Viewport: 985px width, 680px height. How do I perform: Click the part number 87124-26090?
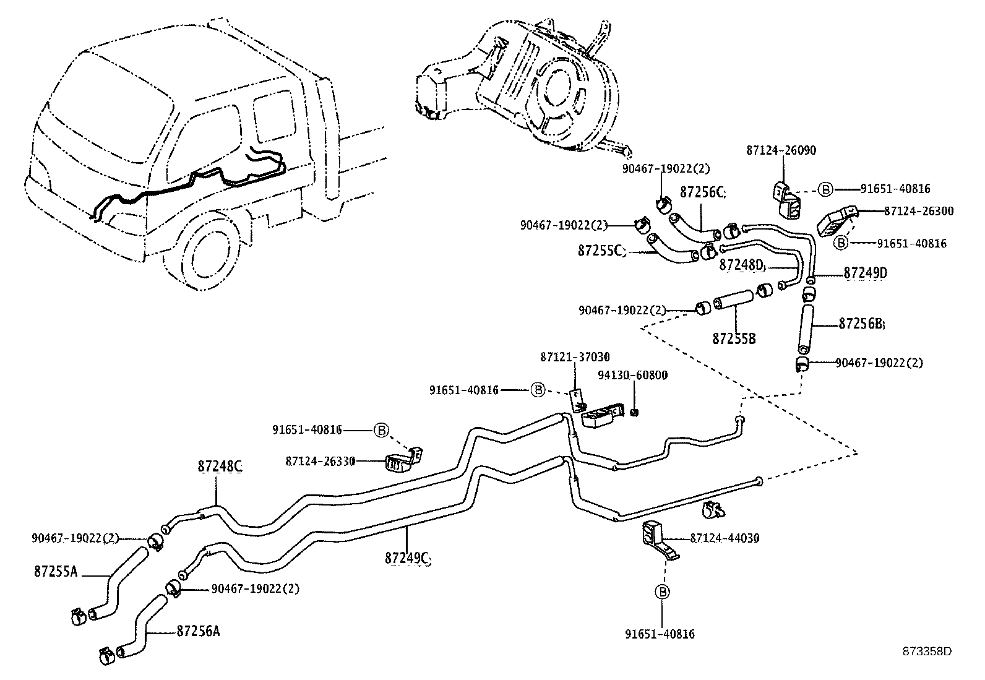[x=781, y=150]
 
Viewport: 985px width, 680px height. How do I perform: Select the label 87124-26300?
[x=918, y=211]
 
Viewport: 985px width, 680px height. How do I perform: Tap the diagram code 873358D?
[x=926, y=651]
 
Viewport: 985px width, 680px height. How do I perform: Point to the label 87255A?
[x=56, y=572]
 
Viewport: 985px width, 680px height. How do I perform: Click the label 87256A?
[x=198, y=631]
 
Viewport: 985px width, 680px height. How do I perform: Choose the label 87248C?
[x=220, y=467]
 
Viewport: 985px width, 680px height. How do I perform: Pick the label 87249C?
[x=406, y=557]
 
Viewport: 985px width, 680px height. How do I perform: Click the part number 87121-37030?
[x=575, y=357]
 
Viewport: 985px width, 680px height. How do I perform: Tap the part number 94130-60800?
[x=632, y=376]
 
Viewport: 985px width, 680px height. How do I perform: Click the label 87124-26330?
[x=320, y=461]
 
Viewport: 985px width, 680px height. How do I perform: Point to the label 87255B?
[x=734, y=338]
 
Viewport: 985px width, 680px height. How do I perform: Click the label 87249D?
[x=866, y=273]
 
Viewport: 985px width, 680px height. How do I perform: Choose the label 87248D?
[x=742, y=265]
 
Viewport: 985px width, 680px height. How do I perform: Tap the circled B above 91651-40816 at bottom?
[x=662, y=592]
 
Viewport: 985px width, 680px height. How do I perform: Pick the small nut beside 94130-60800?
[x=634, y=412]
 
